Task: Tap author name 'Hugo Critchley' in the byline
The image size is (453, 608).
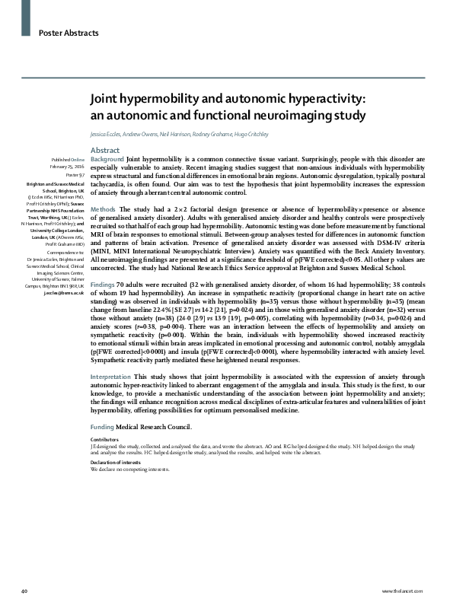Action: [227, 135]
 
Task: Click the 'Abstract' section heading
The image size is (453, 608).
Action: [104, 150]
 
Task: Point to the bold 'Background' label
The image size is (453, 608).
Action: [107, 160]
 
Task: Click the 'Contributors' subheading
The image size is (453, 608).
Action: [104, 441]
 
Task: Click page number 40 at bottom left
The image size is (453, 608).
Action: [26, 590]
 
